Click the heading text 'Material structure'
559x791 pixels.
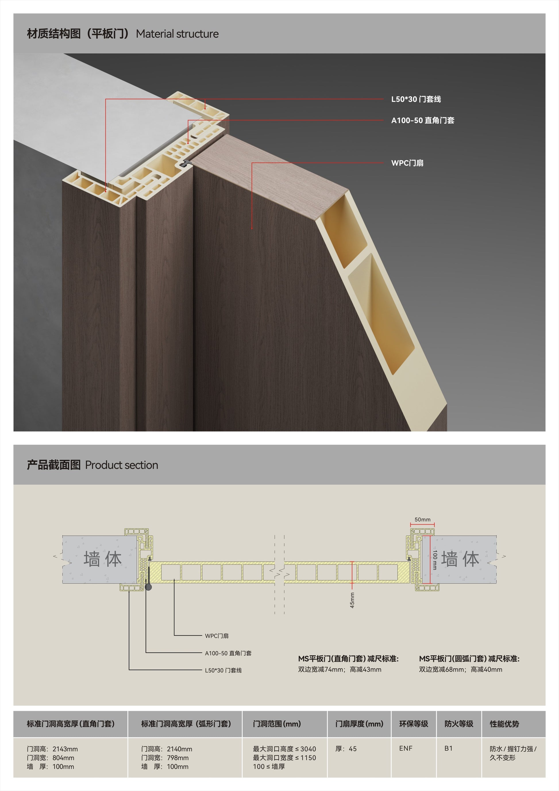point(177,34)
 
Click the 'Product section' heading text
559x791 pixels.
point(122,465)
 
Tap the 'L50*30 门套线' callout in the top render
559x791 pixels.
point(416,99)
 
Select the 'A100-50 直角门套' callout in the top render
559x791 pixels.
point(423,120)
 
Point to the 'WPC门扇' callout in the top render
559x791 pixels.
point(407,163)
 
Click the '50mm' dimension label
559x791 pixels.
point(422,519)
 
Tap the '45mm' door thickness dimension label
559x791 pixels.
point(352,600)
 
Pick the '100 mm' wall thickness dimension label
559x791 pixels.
point(435,560)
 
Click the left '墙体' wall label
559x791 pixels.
point(103,559)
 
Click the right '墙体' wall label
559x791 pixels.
point(460,559)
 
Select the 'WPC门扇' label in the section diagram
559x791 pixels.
point(217,636)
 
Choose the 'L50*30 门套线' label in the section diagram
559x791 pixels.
point(223,670)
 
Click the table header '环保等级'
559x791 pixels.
point(413,724)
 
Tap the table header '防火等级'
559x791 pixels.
point(459,724)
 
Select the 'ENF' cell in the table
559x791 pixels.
point(406,748)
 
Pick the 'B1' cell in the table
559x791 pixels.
point(448,748)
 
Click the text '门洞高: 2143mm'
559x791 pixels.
point(52,749)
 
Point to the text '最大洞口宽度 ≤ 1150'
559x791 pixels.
point(284,758)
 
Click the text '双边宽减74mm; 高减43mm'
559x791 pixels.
point(340,669)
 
